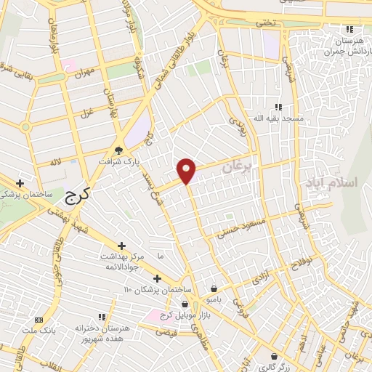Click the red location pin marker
coord(187,171)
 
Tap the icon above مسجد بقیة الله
coord(278,106)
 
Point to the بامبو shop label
coord(214,299)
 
